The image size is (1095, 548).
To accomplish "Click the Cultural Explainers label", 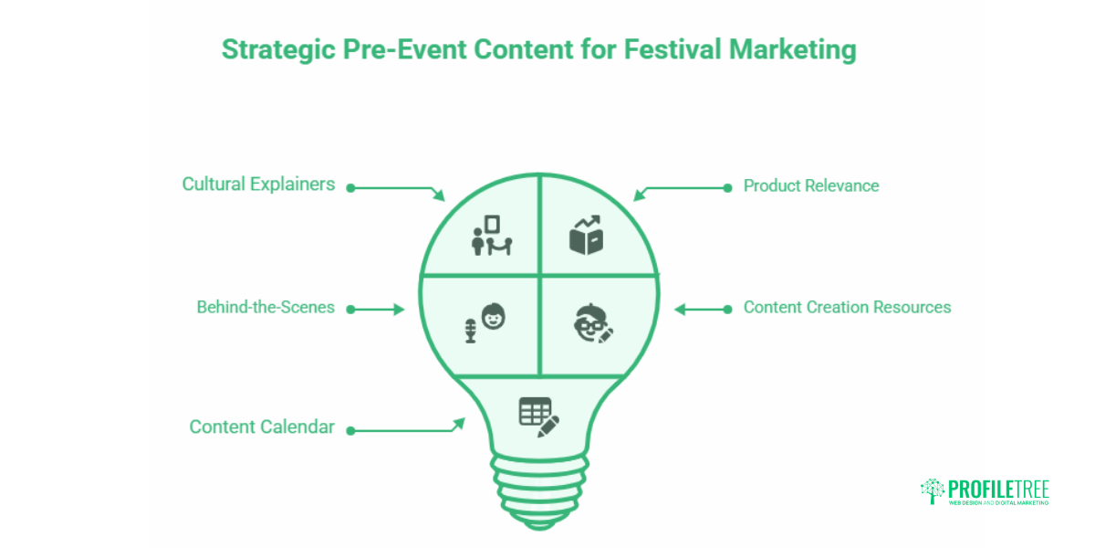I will tap(258, 184).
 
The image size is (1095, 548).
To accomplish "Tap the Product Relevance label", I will tap(810, 186).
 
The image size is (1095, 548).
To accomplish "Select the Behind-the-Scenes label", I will tap(266, 308).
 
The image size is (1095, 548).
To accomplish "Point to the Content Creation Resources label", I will tap(847, 308).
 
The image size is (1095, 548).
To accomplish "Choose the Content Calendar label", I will tap(262, 427).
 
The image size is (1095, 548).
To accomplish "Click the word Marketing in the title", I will tap(792, 50).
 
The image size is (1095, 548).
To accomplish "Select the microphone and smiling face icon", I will tap(486, 323).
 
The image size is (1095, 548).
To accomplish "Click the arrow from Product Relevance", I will tap(680, 189).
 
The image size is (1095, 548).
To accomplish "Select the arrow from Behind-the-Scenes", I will tap(376, 309).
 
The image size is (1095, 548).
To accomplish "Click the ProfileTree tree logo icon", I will tap(932, 490).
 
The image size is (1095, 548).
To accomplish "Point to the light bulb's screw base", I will tap(538, 484).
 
